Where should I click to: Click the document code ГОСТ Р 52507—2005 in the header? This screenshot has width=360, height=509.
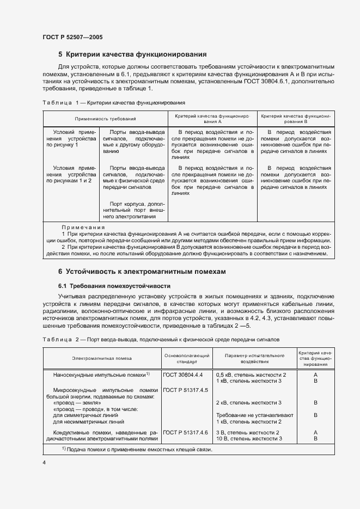(x=72, y=37)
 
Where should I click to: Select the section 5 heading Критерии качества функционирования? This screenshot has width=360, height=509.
(x=132, y=54)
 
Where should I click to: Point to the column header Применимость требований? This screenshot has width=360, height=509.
(x=106, y=118)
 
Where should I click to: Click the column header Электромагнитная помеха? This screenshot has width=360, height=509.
(x=102, y=358)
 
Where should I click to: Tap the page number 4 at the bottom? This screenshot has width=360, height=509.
(x=44, y=462)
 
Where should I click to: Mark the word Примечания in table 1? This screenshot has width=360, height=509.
(x=83, y=227)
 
